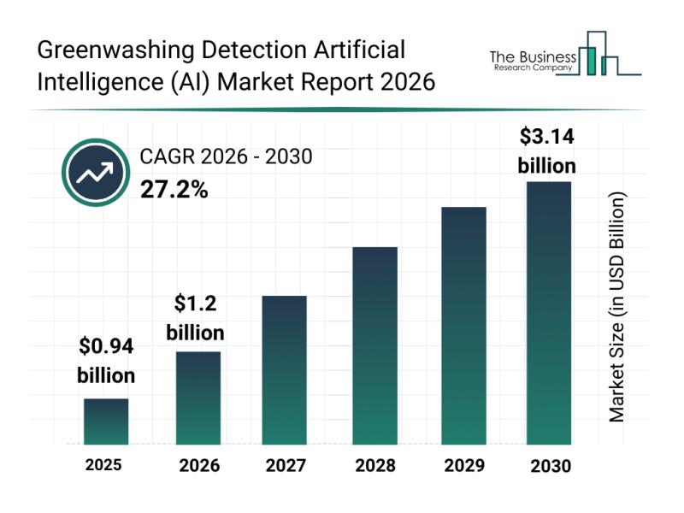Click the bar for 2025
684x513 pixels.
point(106,422)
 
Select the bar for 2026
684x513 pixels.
point(198,398)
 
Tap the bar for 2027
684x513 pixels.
point(284,370)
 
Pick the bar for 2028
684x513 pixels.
point(375,345)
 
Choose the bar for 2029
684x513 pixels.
point(463,326)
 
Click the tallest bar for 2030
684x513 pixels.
point(548,313)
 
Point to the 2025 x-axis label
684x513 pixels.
point(103,466)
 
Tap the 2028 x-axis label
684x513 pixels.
point(375,466)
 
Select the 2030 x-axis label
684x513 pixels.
point(550,466)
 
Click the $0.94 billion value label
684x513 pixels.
point(106,361)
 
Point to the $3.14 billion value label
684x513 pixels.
point(547,150)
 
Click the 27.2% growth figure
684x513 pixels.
point(174,189)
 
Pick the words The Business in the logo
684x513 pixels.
point(530,56)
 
